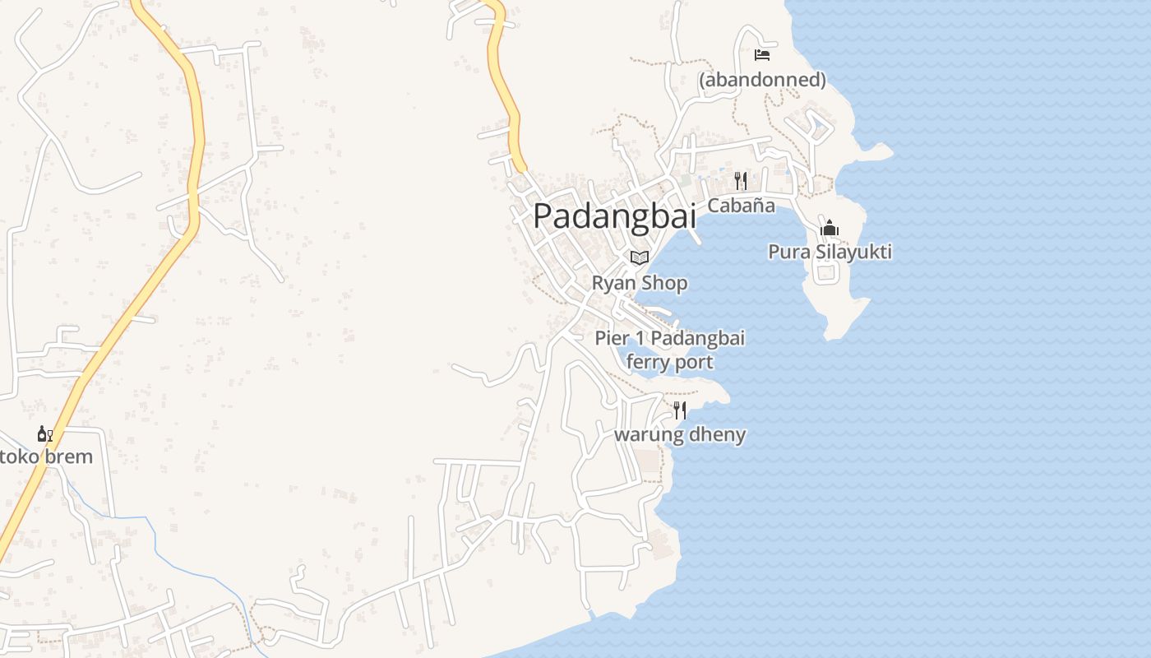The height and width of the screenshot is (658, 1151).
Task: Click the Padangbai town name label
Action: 614,215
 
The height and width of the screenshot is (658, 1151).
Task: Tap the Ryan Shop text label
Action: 640,283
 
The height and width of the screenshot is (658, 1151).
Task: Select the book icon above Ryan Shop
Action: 640,257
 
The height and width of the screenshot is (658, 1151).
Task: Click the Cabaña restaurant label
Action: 741,206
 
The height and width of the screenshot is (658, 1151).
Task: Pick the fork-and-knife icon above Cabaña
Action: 741,181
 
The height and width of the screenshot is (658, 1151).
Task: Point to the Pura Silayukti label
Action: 830,252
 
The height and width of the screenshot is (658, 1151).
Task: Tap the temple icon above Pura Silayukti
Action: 830,228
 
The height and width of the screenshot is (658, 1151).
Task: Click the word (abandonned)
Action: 762,80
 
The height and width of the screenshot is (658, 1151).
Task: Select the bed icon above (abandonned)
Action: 762,55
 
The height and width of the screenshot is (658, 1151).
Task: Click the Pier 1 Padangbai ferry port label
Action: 669,350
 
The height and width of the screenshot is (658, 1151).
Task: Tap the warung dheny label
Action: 680,434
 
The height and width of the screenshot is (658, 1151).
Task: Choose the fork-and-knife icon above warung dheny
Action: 680,410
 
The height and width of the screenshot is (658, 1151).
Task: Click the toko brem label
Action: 46,456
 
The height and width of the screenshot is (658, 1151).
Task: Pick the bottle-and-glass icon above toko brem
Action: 45,433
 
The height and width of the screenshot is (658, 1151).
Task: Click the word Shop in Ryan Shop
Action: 663,283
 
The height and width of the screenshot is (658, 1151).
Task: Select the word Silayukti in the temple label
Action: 853,252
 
